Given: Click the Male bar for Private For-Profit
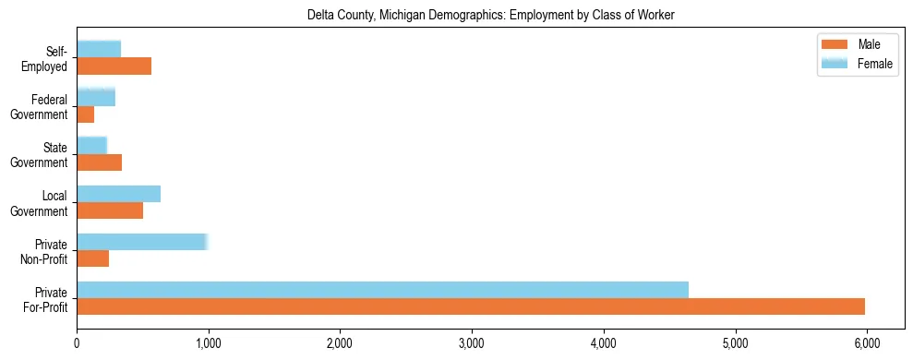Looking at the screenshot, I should pos(471,306).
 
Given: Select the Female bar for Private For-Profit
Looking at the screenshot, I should pos(382,290).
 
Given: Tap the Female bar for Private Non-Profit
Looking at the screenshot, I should pos(142,242).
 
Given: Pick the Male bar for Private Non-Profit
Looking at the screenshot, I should pos(93,258).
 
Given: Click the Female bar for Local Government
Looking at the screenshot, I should pos(119,194).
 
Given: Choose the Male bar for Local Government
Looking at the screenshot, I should pos(110,210).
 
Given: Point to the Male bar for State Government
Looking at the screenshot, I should pos(100,162).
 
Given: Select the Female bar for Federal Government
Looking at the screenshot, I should pos(96,97).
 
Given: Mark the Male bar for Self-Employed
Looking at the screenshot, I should pos(114,66).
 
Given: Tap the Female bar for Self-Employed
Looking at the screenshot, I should pos(99,49).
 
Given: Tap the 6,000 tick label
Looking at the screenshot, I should pos(867,343).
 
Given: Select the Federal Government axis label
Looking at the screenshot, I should pos(40,106).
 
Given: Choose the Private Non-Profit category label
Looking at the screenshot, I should pos(45,251).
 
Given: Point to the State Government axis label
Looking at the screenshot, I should pos(40,155).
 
